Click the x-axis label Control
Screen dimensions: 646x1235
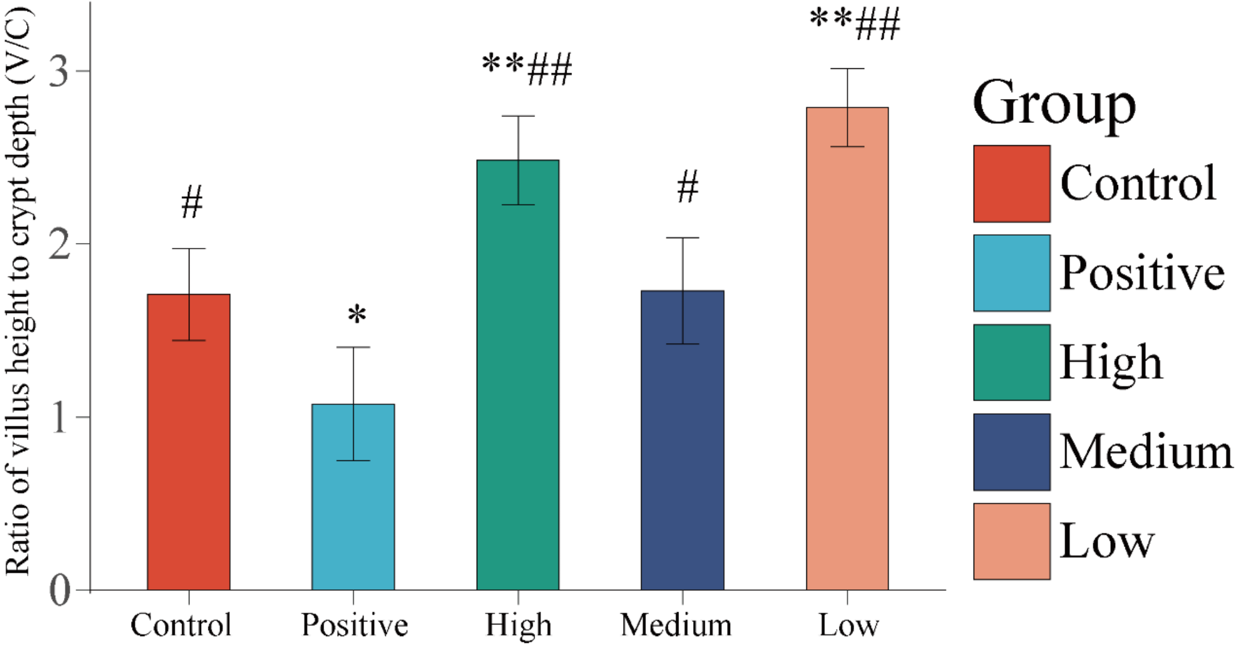tap(181, 625)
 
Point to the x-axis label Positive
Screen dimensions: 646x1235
tap(354, 625)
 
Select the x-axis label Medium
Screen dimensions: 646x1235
tap(676, 625)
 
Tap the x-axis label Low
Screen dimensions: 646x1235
tap(849, 625)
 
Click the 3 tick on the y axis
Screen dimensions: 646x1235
tap(60, 71)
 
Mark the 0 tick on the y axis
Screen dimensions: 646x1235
tap(60, 591)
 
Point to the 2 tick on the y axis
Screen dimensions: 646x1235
tap(60, 244)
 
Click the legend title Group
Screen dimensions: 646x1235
tap(1054, 103)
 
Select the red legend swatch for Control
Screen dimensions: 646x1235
tap(1011, 183)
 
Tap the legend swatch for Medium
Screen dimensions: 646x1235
tap(1011, 452)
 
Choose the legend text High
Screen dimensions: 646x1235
tap(1111, 363)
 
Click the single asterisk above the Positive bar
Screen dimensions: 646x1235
tap(357, 316)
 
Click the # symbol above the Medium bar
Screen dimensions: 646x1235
tap(688, 187)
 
